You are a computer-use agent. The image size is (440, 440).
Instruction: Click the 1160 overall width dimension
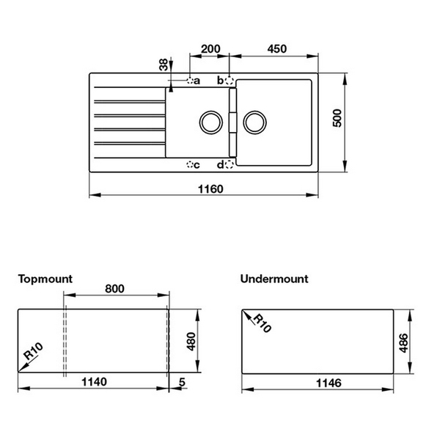210,188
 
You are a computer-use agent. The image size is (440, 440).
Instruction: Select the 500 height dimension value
337,122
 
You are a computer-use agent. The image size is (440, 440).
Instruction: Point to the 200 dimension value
210,48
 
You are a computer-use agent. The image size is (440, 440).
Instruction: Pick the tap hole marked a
190,80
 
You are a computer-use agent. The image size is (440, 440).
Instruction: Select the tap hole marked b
230,80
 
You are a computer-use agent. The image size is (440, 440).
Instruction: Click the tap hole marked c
190,164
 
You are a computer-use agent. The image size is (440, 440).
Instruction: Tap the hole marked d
230,164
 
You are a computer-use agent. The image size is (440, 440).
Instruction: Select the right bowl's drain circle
254,122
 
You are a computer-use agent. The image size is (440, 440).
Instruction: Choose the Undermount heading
274,279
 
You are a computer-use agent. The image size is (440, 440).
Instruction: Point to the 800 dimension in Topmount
114,288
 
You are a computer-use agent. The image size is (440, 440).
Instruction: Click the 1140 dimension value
94,382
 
